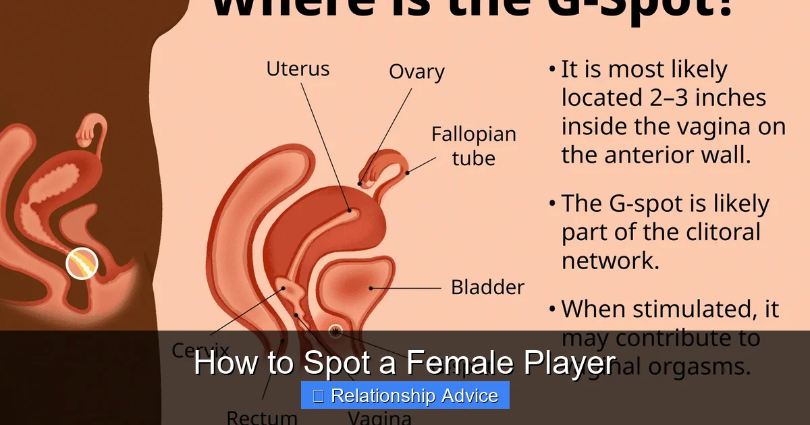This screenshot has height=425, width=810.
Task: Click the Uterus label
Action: (x=298, y=69)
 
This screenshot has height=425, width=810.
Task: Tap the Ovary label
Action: (x=416, y=72)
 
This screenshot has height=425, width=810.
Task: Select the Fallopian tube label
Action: (x=473, y=146)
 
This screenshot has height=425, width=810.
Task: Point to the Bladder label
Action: (x=487, y=287)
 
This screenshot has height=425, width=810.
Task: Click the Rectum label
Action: (x=262, y=418)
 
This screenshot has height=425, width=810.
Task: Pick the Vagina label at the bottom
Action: (x=379, y=418)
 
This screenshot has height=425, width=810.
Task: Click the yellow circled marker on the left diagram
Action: (x=82, y=263)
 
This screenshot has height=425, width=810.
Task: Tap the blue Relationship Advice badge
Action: (x=405, y=395)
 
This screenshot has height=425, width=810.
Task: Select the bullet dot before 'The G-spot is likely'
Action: (x=553, y=203)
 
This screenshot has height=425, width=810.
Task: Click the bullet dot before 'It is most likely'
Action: (x=553, y=69)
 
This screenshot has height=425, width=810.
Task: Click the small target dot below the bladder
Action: (x=335, y=331)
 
